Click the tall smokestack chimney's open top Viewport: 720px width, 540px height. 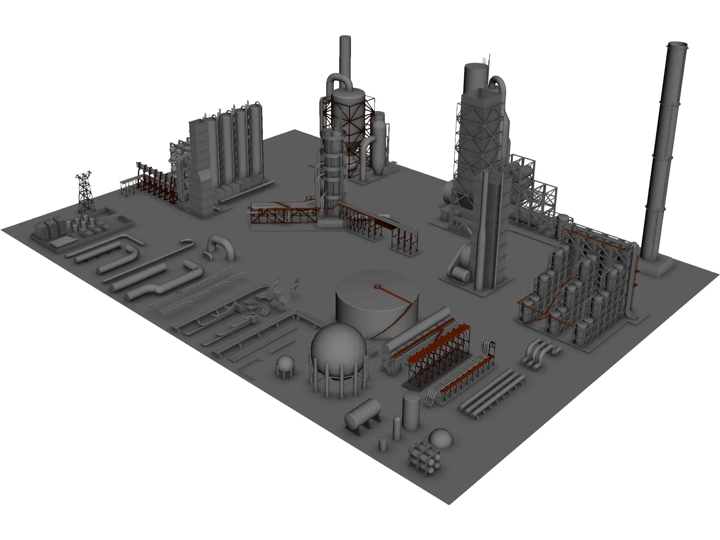point(678,45)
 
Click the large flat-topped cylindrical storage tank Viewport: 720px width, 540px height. point(376,301)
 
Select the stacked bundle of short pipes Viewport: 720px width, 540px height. point(424,457)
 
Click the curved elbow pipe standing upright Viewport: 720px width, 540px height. point(221,247)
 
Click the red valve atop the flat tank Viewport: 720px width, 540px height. point(376,285)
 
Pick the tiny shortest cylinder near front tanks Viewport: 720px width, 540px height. point(383,445)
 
